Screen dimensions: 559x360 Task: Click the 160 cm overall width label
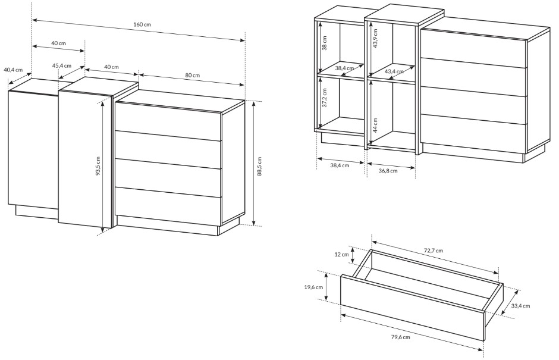tap(142, 24)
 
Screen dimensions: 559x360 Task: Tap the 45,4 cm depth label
tap(62, 65)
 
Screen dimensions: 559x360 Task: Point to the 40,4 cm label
tap(13, 70)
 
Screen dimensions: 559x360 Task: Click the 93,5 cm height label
tap(98, 166)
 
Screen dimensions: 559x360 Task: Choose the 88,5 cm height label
tap(259, 166)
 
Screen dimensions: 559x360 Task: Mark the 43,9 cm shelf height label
tap(375, 38)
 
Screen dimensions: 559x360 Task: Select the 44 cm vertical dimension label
tap(375, 125)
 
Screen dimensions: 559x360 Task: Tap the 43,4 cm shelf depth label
tap(394, 71)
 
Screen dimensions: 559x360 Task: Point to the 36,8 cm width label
tap(388, 171)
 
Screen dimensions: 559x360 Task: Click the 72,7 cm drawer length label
tap(433, 251)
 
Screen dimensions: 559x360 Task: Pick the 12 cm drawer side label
tap(341, 255)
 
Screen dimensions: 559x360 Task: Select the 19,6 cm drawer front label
tap(314, 287)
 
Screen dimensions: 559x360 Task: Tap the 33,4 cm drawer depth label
tap(520, 306)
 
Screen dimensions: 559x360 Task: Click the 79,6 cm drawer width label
tap(400, 337)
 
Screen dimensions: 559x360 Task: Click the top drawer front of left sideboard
tap(168, 121)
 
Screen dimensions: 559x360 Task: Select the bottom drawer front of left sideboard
tap(168, 207)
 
